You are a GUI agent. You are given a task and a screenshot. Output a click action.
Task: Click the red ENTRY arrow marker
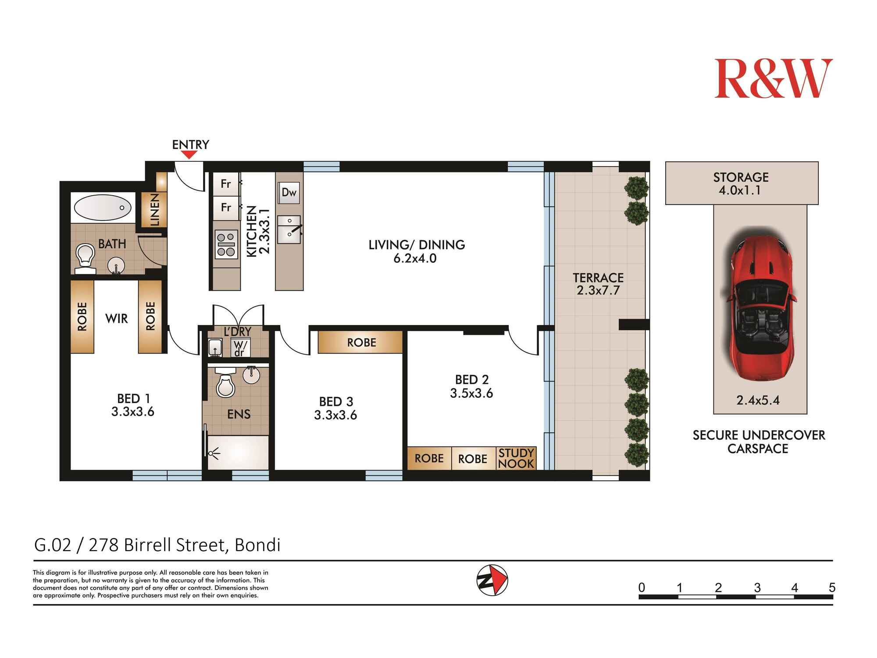click(x=189, y=154)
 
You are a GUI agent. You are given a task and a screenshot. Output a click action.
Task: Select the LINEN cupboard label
click(x=155, y=210)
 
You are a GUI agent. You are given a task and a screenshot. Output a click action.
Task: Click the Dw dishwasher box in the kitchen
click(x=289, y=193)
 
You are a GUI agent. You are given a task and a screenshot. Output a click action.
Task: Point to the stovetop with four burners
click(x=226, y=245)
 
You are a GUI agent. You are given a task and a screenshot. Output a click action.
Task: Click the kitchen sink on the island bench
click(x=289, y=229)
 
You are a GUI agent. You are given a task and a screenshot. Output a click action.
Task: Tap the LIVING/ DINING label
click(x=416, y=245)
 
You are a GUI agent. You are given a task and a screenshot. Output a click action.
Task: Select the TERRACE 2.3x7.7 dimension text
click(x=598, y=290)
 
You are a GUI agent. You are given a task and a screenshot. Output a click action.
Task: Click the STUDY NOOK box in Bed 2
click(x=516, y=458)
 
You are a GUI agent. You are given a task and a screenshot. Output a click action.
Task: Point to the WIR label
click(x=117, y=318)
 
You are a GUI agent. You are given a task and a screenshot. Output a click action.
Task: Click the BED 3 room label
click(x=336, y=401)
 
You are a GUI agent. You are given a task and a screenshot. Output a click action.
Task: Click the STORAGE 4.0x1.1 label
click(x=741, y=183)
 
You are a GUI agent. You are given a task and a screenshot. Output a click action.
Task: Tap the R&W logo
click(x=773, y=79)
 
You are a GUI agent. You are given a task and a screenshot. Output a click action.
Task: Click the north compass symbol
click(x=492, y=580)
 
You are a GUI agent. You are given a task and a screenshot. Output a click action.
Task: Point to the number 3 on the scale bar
click(x=757, y=588)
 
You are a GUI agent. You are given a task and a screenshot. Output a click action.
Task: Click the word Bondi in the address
click(x=257, y=545)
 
